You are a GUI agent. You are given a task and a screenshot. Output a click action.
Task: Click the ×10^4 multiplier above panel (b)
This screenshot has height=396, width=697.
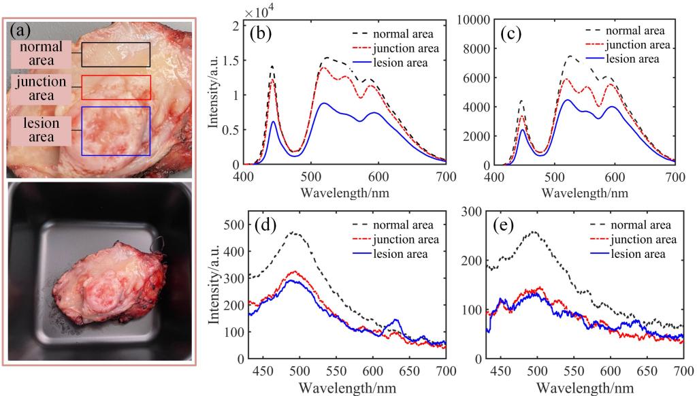point(258,12)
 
